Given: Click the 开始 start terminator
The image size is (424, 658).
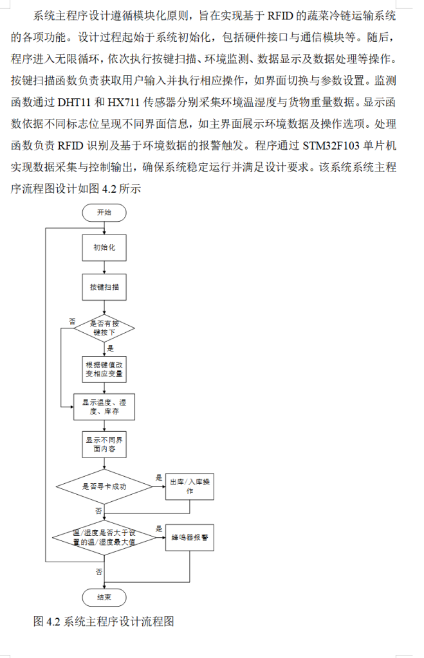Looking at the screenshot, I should tap(104, 213).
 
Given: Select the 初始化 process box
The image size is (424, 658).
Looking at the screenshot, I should tap(104, 247).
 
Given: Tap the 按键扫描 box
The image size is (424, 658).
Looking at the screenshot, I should tap(104, 288).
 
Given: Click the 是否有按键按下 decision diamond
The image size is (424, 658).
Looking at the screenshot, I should tap(104, 328).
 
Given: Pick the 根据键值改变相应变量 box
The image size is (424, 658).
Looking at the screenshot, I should tap(104, 368).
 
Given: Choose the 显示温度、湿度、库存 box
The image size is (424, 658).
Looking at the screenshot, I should tap(104, 406).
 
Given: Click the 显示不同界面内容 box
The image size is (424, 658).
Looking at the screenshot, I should tap(104, 445).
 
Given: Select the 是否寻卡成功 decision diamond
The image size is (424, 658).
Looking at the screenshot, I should tap(104, 486).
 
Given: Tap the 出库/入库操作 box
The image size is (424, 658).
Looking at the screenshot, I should tap(190, 486).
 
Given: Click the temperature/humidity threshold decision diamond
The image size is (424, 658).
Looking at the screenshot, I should tap(104, 538).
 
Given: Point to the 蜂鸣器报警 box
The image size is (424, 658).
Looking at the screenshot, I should tap(190, 538).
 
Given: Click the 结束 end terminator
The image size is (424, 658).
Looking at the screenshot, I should tap(104, 597).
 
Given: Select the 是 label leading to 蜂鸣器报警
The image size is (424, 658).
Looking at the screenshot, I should tap(159, 529).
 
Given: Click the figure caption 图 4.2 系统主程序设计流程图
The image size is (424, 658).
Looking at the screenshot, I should tap(104, 621).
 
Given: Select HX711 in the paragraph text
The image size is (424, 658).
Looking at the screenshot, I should tap(122, 102).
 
